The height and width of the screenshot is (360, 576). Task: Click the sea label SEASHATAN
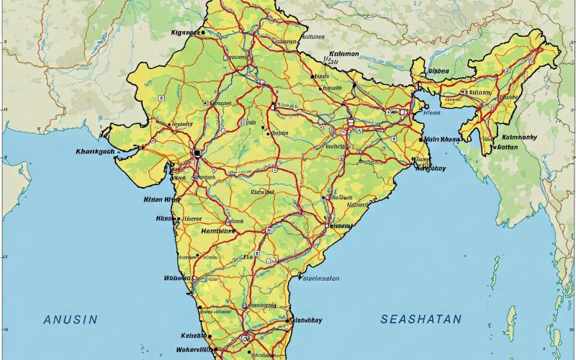point(421,318)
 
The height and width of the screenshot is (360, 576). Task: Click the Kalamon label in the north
point(344,53)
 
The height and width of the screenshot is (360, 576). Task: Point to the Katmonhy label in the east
point(519,136)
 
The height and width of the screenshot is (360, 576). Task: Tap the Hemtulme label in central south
point(217,231)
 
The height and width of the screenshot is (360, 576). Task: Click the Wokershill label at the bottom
point(196,350)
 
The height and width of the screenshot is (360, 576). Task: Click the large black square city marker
point(196,153)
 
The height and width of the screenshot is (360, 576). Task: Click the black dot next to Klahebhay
point(287,320)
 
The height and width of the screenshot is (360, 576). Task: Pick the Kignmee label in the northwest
point(185,32)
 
